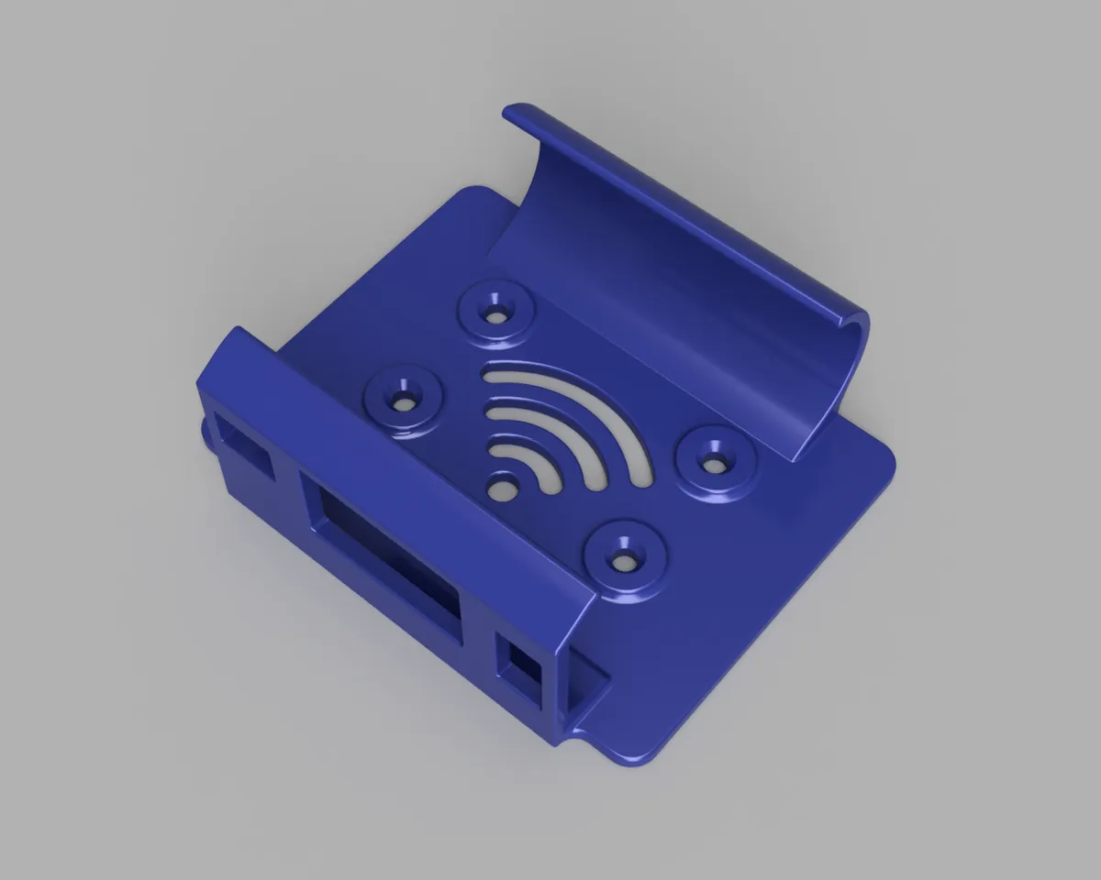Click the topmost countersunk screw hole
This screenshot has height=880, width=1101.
coord(496,313)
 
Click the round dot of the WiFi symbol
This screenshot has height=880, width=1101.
coord(502,489)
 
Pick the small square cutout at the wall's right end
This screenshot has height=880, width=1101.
coord(521,675)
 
